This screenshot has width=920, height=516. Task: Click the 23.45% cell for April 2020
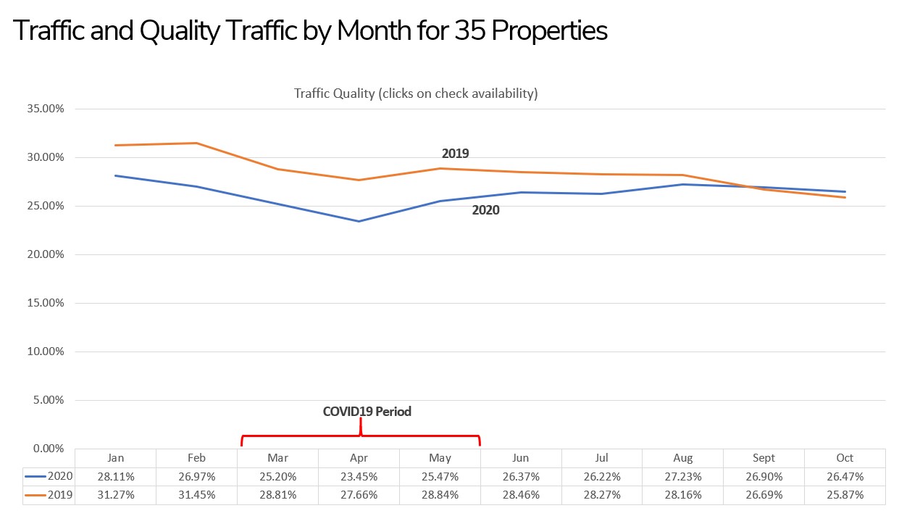359,477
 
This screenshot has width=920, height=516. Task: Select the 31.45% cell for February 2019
196,496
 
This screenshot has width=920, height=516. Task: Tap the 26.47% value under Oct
845,477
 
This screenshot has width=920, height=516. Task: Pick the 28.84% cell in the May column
440,496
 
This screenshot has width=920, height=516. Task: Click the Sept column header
764,458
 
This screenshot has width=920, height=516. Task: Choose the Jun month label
520,458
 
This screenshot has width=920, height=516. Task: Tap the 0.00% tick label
49,449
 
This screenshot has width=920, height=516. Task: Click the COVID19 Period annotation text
367,412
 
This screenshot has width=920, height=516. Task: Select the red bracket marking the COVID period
360,436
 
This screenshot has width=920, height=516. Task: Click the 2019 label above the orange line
455,154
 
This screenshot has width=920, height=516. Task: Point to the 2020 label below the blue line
485,211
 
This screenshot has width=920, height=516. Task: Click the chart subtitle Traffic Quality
415,93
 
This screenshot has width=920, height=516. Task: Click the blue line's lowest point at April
359,221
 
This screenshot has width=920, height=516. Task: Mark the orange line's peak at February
196,143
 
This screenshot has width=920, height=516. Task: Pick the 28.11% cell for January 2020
115,477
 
